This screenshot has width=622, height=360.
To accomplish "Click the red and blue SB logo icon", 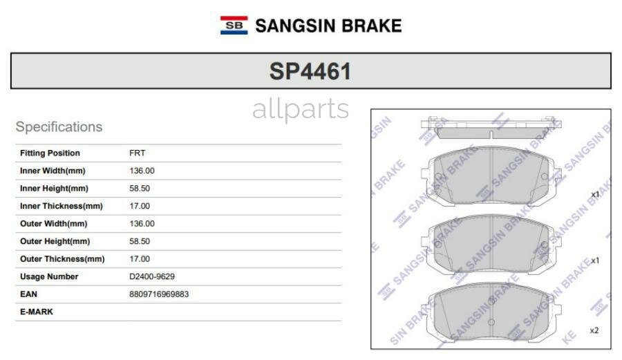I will tap(234, 26).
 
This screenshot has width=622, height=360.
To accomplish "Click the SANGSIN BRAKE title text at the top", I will tap(328, 26).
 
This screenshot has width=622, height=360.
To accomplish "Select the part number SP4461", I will tap(310, 71).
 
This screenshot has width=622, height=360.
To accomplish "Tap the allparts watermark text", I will tap(301, 109).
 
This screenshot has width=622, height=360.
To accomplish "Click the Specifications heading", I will tap(59, 127).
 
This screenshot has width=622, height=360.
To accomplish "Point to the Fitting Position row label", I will tap(50, 153).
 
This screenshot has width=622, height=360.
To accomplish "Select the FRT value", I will tap(137, 153).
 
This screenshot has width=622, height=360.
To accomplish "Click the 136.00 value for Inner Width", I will tap(142, 171).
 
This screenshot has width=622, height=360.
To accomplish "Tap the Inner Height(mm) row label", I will tap(54, 189).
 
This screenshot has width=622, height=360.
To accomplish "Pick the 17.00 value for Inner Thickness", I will tap(140, 206).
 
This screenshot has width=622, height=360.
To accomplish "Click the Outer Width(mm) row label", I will tap(53, 224).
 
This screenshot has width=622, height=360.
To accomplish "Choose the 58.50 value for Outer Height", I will tap(140, 241).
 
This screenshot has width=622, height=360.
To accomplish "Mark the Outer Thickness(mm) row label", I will tap(62, 259).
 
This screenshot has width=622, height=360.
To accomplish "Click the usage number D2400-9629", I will tap(151, 276).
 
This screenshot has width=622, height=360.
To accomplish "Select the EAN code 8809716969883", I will tap(158, 294).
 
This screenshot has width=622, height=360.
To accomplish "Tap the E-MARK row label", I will tap(36, 312).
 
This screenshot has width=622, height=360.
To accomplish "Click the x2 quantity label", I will tap(594, 330).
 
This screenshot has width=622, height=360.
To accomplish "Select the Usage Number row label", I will tap(49, 276).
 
